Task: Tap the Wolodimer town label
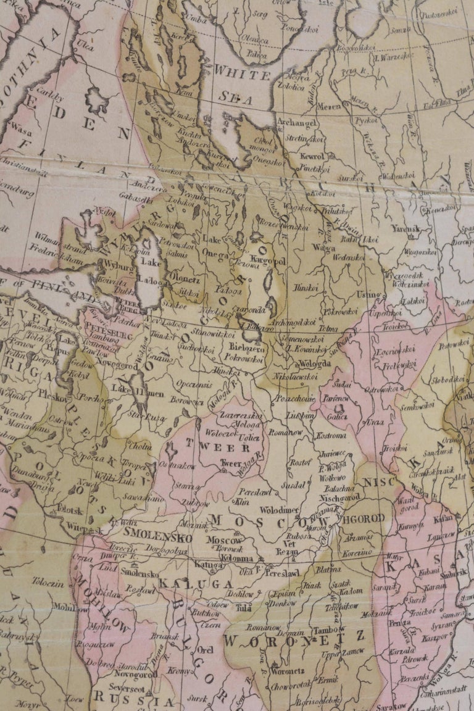point(278,510)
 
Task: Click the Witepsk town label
point(85,530)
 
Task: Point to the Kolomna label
point(236,559)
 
